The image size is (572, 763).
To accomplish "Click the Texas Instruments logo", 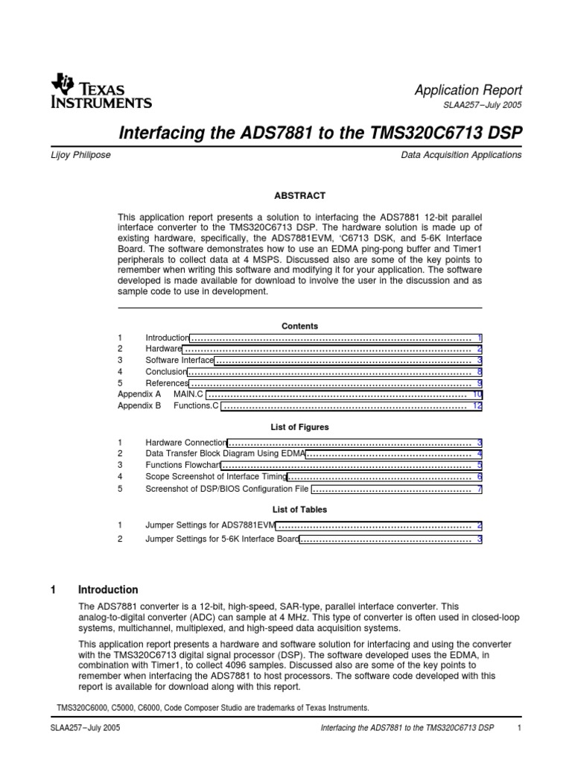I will (101, 91).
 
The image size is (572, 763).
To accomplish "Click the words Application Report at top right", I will (468, 89).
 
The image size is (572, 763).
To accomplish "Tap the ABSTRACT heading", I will (299, 195).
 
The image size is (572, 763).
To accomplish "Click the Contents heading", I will (299, 326).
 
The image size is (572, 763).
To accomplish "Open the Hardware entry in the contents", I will (163, 349).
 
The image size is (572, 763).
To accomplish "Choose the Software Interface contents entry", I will (179, 360).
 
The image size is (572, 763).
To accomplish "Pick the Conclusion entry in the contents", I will (165, 371).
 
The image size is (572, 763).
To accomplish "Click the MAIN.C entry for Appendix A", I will (189, 393).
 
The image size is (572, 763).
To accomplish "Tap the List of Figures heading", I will (299, 427).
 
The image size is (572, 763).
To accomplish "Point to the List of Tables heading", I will (299, 510).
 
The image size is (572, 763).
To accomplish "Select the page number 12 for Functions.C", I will (477, 406).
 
